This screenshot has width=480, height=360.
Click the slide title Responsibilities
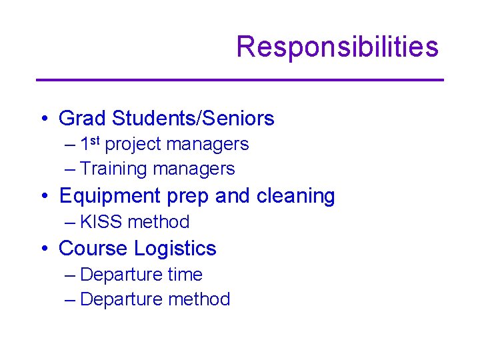(x=337, y=47)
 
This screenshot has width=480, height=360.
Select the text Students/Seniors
(x=193, y=119)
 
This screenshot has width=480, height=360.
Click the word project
(x=133, y=144)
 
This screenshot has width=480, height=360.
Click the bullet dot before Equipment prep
(x=43, y=197)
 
